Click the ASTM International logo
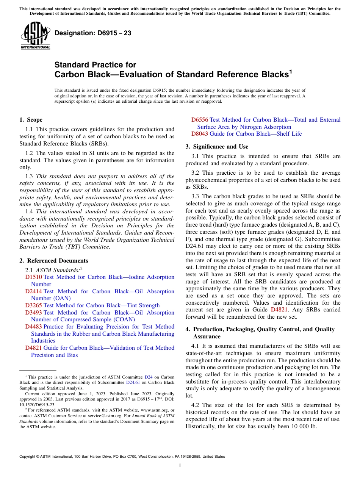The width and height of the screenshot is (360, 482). [x=35, y=35]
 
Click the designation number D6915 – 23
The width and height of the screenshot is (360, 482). [x=93, y=33]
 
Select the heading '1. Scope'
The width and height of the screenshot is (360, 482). [x=31, y=120]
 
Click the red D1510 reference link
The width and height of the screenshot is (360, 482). [x=33, y=277]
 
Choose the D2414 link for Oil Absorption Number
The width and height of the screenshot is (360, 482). [x=33, y=291]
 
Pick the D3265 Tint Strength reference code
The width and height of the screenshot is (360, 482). [x=33, y=305]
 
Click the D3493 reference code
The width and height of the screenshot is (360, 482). [x=33, y=313]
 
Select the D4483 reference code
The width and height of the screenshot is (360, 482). [x=33, y=327]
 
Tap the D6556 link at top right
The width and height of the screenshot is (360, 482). [x=199, y=120]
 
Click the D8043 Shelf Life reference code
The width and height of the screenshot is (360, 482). [x=199, y=134]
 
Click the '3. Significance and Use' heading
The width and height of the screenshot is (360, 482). [x=217, y=147]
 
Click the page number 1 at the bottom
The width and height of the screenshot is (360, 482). [x=180, y=466]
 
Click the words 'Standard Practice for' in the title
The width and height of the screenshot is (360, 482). [x=95, y=65]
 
